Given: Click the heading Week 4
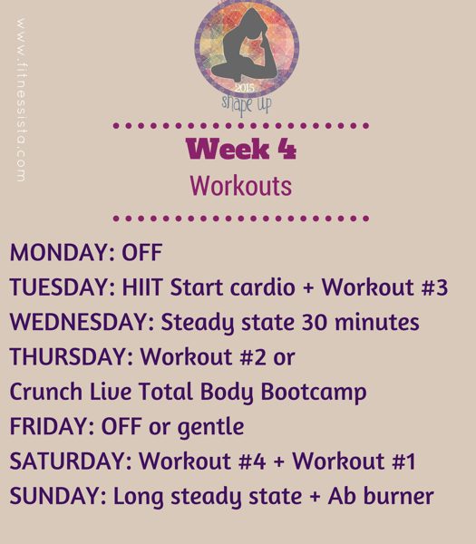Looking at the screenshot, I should [240, 148].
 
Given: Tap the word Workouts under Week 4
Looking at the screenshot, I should [240, 186].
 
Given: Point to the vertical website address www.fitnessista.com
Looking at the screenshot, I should [20, 100].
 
